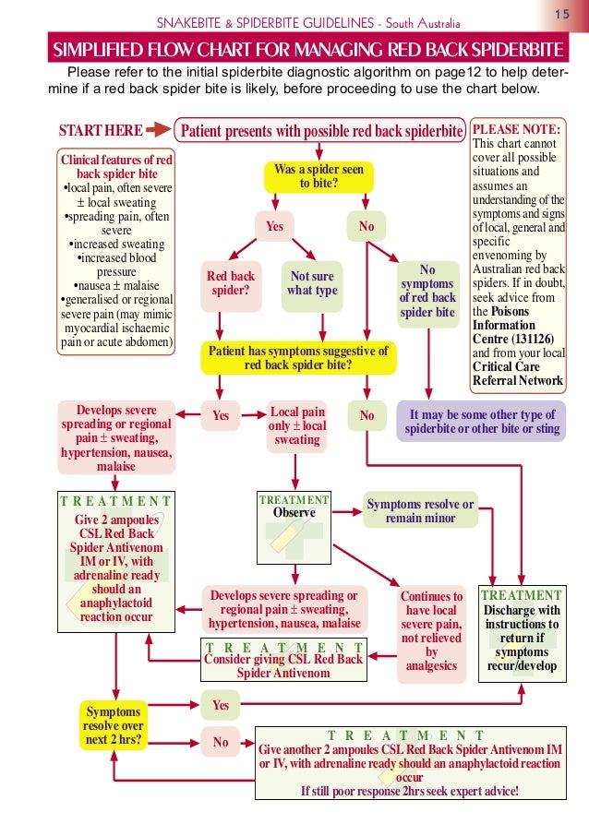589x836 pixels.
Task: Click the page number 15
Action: [x=560, y=16]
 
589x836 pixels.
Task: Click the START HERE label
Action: [x=101, y=130]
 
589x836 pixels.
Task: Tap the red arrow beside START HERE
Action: [x=159, y=130]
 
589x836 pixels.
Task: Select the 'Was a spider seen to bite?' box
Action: [x=319, y=176]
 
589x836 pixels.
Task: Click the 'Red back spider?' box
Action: [x=230, y=283]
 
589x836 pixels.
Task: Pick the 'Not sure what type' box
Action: [x=313, y=283]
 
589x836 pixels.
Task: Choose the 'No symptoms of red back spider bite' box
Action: [x=427, y=291]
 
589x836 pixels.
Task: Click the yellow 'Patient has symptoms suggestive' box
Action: [x=298, y=357]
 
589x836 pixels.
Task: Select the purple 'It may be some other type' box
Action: [x=481, y=422]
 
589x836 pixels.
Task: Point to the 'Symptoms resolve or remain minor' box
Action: [x=420, y=510]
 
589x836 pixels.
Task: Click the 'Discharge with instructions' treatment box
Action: [x=522, y=632]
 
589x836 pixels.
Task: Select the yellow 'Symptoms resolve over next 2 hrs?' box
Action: [x=114, y=726]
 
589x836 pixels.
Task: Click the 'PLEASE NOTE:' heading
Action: [x=516, y=129]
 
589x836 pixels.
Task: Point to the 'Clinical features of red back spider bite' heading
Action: [x=116, y=166]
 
